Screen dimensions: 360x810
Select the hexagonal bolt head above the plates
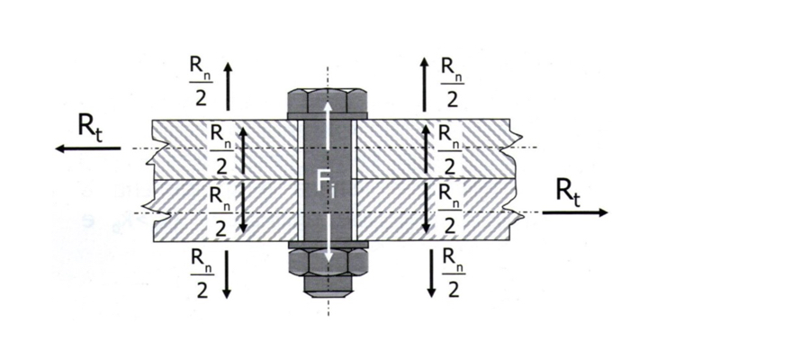pyautogui.click(x=327, y=103)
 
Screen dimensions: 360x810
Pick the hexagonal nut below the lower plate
pyautogui.click(x=327, y=263)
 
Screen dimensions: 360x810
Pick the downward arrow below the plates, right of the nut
pyautogui.click(x=431, y=274)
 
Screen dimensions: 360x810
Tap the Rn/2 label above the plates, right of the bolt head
pyautogui.click(x=452, y=82)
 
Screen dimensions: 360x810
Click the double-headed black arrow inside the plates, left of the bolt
pyautogui.click(x=243, y=179)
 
